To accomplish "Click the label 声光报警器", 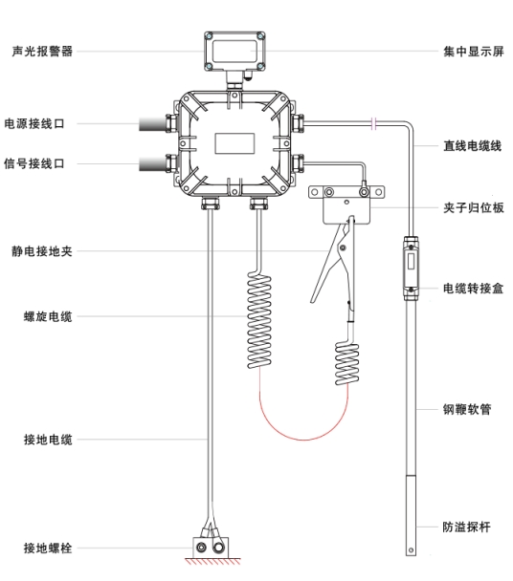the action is click(x=42, y=52).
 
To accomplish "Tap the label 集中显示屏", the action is click(x=474, y=52).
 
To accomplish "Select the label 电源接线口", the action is click(x=34, y=123).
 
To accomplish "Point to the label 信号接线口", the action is click(x=34, y=163).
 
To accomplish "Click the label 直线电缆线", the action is click(x=472, y=145).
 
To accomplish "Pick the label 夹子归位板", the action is click(x=474, y=207).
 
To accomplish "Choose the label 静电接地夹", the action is click(x=41, y=251).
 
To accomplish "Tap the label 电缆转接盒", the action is click(x=474, y=288).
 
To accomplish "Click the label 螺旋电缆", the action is click(x=48, y=316).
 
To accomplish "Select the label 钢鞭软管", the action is click(x=467, y=409).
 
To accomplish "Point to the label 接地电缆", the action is click(x=48, y=440).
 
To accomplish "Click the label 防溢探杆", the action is click(x=467, y=527).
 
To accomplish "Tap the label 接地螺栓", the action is click(x=48, y=548).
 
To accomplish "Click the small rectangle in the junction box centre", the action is click(x=234, y=143).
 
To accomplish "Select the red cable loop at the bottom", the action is click(x=303, y=440).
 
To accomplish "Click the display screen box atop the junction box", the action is click(x=234, y=52).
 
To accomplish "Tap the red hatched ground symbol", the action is click(x=212, y=561).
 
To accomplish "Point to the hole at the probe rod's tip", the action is click(x=411, y=550).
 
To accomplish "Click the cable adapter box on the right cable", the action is click(x=411, y=269).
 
